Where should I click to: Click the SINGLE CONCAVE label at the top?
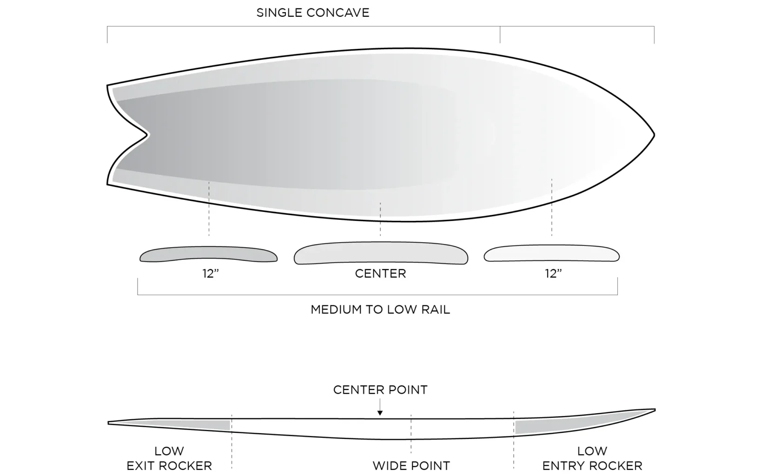tap(313, 13)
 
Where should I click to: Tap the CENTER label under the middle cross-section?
tap(380, 273)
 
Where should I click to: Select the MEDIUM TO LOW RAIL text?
tap(380, 310)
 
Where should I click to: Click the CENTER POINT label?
tap(380, 390)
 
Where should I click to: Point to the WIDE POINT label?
tap(411, 465)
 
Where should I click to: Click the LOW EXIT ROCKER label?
tap(169, 458)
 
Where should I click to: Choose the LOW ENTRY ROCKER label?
tap(592, 458)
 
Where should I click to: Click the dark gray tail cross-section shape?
tap(209, 255)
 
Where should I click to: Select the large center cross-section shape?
tap(380, 254)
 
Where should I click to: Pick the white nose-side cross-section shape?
tap(552, 254)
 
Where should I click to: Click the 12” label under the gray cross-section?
tap(211, 274)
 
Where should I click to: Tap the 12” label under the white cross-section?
tap(553, 274)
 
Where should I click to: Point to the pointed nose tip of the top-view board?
tap(653, 135)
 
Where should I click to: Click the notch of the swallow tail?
tap(148, 135)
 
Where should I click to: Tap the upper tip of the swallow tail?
tap(108, 86)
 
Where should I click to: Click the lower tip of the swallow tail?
tap(108, 184)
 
